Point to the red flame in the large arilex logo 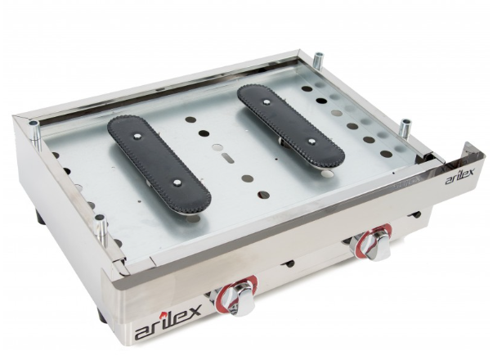[x=162, y=315]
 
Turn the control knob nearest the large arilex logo [x=240, y=296]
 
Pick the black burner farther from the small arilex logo [x=159, y=164]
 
